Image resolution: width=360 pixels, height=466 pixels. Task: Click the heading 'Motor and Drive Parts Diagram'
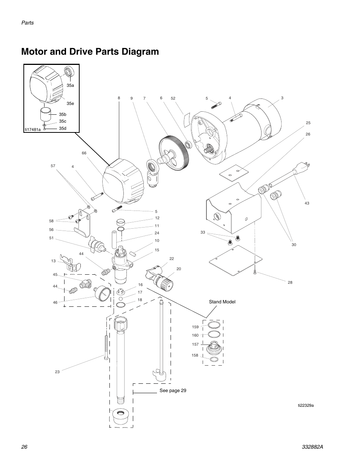tap(90, 52)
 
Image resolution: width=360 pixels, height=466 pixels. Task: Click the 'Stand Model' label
tap(222, 301)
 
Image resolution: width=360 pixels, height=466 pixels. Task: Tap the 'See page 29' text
tap(172, 391)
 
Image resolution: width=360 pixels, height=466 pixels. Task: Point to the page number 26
tap(25, 447)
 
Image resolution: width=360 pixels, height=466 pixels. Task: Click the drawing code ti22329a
tap(306, 405)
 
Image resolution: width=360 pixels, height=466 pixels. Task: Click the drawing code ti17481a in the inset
tap(33, 129)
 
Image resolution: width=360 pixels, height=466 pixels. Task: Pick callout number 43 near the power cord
tap(307, 203)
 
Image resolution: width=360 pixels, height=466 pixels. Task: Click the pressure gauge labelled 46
tap(102, 294)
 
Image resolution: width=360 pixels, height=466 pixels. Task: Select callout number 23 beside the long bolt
tap(57, 372)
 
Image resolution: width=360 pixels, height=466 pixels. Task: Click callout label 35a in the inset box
tap(70, 86)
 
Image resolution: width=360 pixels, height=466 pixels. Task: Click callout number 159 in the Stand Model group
tap(195, 327)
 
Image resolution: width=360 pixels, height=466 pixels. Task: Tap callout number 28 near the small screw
tap(290, 282)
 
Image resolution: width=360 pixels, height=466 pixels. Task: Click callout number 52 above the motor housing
tap(173, 98)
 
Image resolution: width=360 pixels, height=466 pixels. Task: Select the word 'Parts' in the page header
tap(28, 23)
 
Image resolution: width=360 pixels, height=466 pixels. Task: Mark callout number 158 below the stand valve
tap(195, 355)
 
